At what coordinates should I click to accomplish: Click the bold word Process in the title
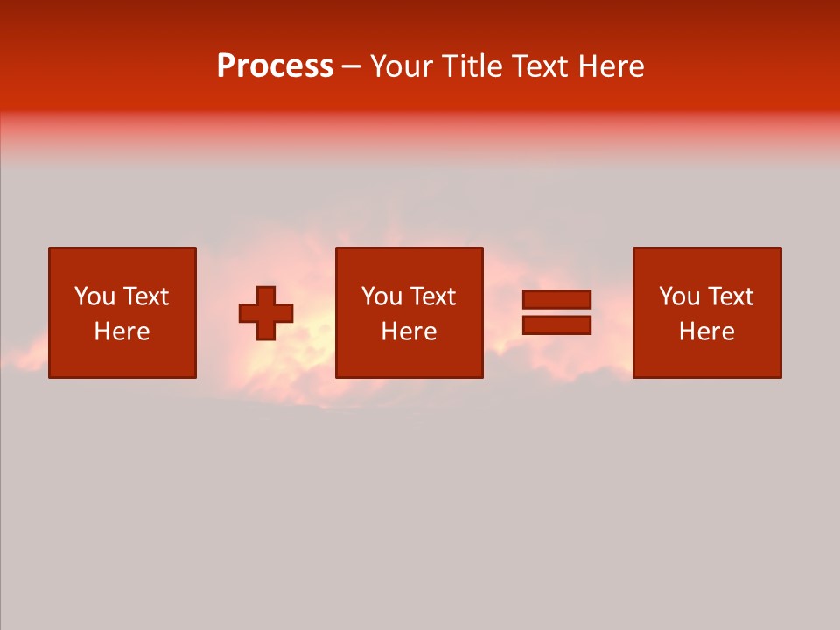pyautogui.click(x=275, y=66)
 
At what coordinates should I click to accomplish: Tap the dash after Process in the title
pyautogui.click(x=352, y=67)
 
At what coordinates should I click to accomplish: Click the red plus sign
pyautogui.click(x=266, y=313)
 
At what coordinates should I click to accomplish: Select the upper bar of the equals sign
pyautogui.click(x=556, y=300)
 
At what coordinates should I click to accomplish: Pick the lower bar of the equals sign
pyautogui.click(x=556, y=325)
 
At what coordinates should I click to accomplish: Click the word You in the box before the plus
pyautogui.click(x=94, y=297)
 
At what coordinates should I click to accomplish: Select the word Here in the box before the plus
pyautogui.click(x=122, y=332)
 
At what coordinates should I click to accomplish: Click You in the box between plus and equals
pyautogui.click(x=381, y=297)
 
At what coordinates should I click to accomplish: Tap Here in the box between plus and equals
pyautogui.click(x=409, y=332)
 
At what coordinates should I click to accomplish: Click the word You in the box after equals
pyautogui.click(x=679, y=297)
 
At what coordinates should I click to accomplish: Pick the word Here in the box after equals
pyautogui.click(x=706, y=332)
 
